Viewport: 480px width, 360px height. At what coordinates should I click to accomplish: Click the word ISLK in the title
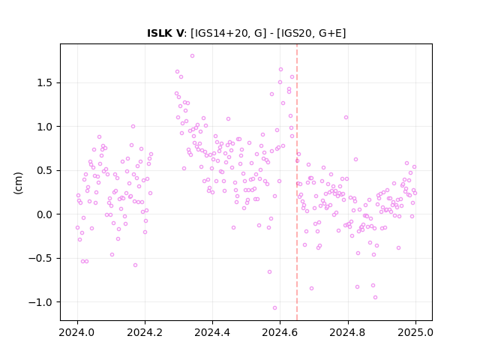tap(160, 33)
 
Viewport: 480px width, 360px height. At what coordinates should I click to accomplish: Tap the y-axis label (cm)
tap(18, 183)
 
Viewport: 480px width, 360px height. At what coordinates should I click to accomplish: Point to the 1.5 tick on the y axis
tap(46, 83)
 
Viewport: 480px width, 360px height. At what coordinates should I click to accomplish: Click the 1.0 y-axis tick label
tap(46, 127)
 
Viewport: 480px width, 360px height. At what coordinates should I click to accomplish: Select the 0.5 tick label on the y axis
tap(46, 170)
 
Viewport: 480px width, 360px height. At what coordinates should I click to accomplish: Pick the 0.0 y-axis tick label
tap(46, 214)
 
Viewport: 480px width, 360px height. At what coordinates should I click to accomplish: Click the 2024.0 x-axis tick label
tap(77, 332)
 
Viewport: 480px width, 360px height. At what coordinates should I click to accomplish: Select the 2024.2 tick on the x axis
tap(145, 332)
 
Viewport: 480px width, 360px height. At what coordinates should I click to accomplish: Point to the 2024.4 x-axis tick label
tap(212, 332)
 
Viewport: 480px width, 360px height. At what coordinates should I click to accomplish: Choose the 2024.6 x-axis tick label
tap(280, 332)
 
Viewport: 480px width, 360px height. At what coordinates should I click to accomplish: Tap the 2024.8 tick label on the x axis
tap(348, 332)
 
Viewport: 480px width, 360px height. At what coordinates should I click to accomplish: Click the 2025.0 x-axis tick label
tap(415, 332)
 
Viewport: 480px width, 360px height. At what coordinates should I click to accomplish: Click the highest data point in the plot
tap(192, 56)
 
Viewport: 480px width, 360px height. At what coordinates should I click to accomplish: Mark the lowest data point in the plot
tap(274, 308)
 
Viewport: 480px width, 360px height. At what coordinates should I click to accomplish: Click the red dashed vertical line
tap(297, 182)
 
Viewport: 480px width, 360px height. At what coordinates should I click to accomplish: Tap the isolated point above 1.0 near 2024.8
tap(346, 118)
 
